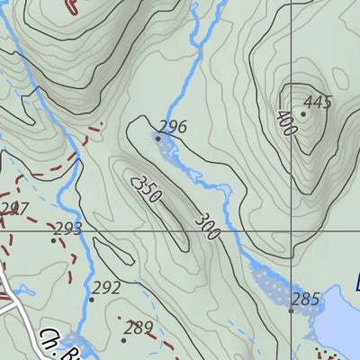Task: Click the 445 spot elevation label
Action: [316, 102]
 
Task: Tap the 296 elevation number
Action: [172, 127]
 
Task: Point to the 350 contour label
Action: [146, 190]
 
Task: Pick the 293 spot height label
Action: [68, 228]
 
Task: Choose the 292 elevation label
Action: [106, 287]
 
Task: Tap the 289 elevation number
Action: [139, 328]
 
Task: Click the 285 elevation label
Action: [306, 299]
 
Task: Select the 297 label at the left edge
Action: [12, 209]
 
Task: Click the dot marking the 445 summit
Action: [303, 113]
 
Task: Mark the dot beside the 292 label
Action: [91, 299]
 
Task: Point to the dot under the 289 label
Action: [124, 339]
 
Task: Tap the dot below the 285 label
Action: [292, 310]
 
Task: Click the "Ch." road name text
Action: [49, 337]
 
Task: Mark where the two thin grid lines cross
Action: [292, 231]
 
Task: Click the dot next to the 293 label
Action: [53, 239]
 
